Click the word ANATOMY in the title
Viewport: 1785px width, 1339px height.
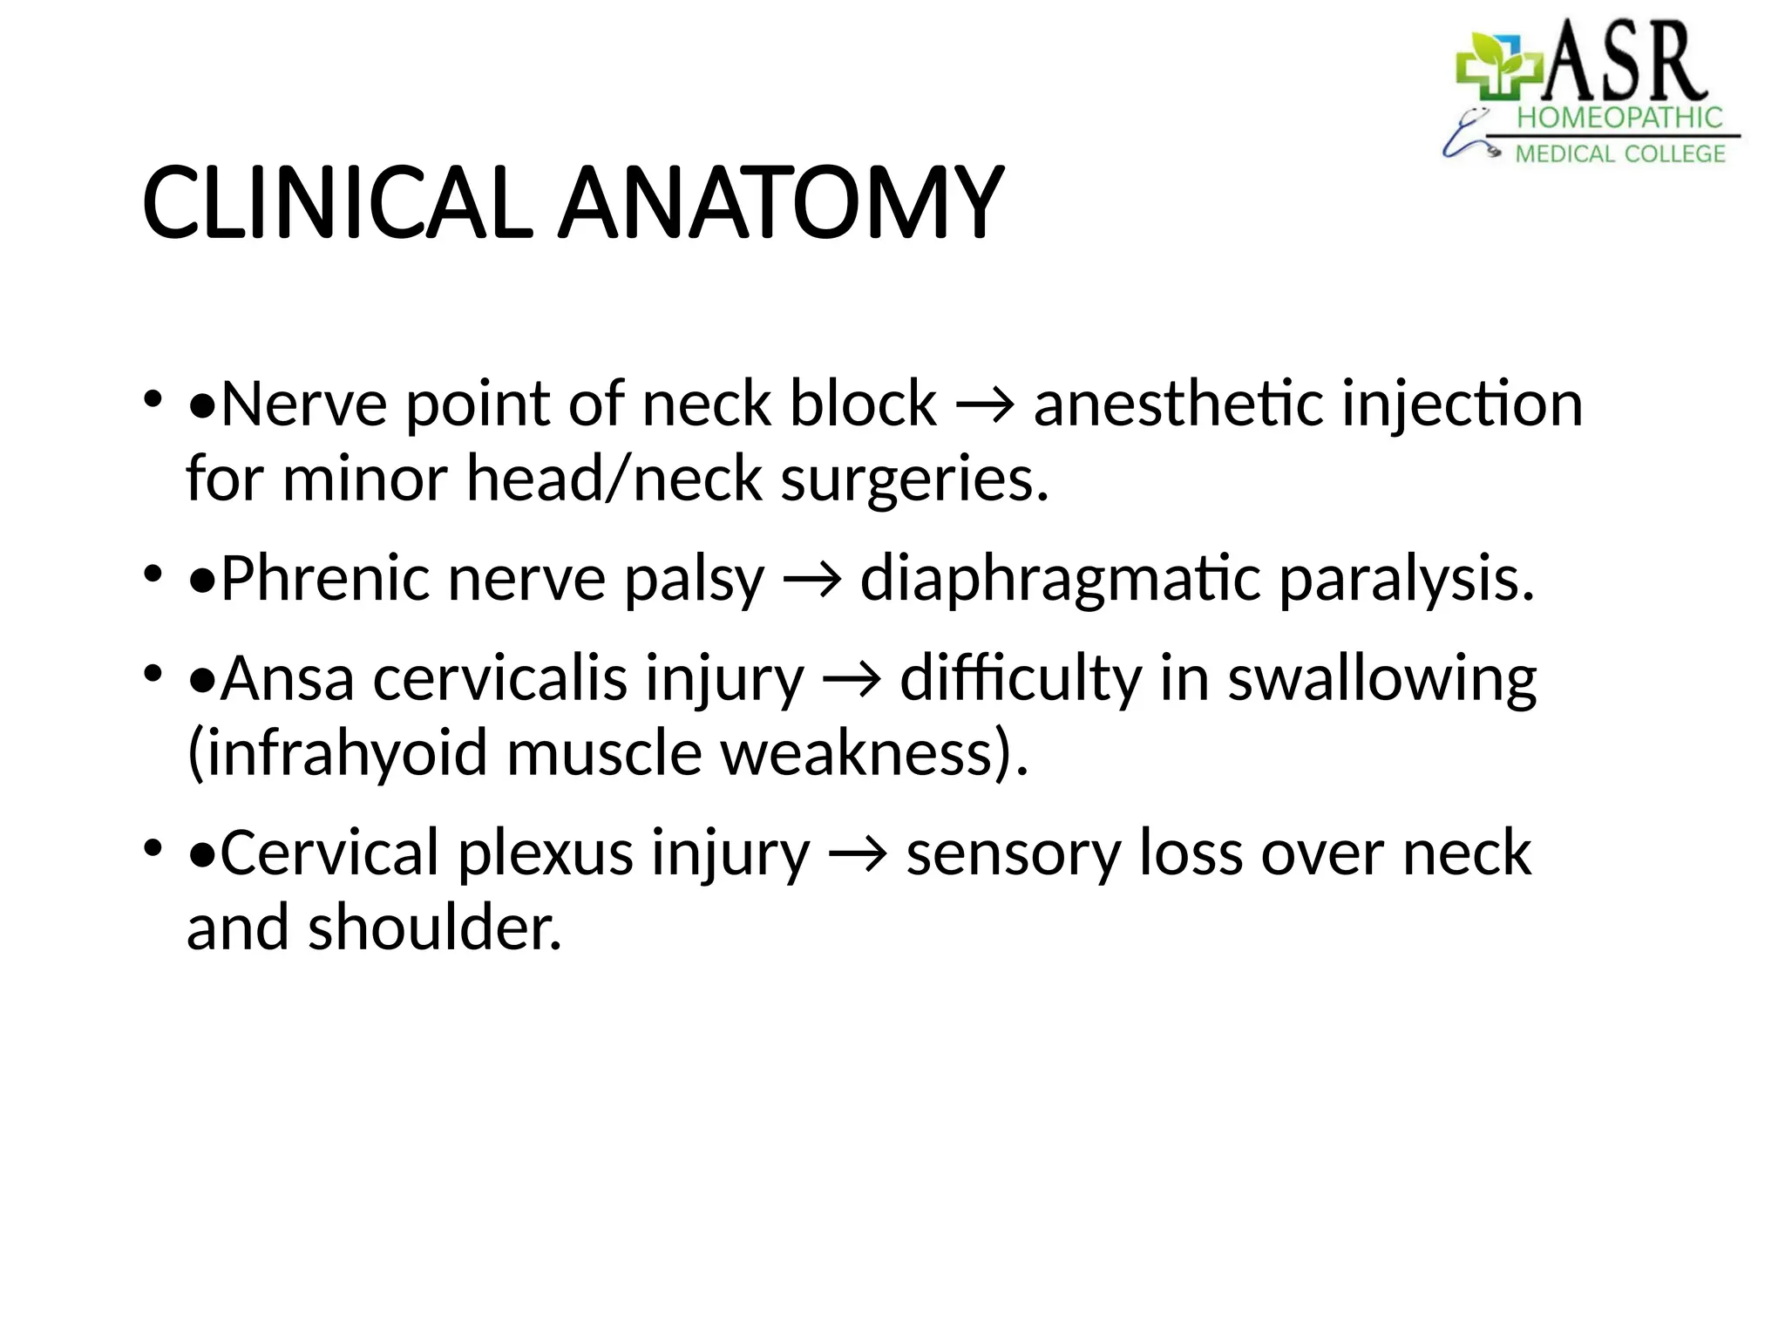click(780, 203)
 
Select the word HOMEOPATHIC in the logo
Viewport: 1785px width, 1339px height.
click(1619, 118)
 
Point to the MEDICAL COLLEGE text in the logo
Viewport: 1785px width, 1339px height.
click(1619, 154)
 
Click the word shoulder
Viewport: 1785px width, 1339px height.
click(435, 928)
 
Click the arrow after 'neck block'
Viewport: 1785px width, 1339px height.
click(985, 406)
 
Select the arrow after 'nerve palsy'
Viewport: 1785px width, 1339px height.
click(812, 581)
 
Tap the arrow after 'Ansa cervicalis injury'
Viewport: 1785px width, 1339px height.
click(852, 680)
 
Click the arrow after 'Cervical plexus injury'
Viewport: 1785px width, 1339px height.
click(859, 854)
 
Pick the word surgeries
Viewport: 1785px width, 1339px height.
click(914, 479)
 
